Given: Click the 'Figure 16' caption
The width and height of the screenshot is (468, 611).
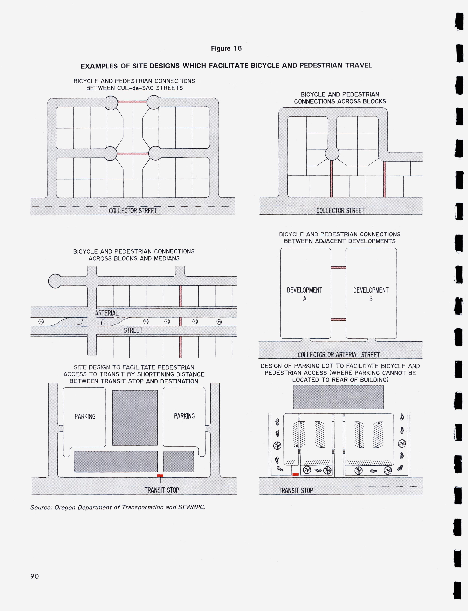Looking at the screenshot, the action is coord(226,49).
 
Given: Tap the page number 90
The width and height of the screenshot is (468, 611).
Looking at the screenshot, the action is coord(34,576).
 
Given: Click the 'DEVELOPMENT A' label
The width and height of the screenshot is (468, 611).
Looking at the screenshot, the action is coord(304,294).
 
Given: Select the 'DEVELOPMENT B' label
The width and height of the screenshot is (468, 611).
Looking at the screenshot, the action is coord(371,294).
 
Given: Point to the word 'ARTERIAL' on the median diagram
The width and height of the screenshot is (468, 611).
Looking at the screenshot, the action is coord(107,313).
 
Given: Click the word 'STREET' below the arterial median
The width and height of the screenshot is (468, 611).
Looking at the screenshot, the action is coord(133,330).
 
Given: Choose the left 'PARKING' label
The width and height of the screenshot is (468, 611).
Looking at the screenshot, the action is coord(85,417).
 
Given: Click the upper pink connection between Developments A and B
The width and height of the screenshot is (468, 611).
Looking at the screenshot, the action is coord(338,268).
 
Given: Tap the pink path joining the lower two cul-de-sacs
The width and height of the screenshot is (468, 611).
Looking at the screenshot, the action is coord(133,154).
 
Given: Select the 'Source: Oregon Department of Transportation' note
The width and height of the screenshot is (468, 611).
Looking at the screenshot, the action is coord(118,507).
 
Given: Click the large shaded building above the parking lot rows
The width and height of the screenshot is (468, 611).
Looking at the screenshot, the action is coord(338,397).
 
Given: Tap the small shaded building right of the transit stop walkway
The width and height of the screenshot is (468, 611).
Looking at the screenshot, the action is coord(178,461).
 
